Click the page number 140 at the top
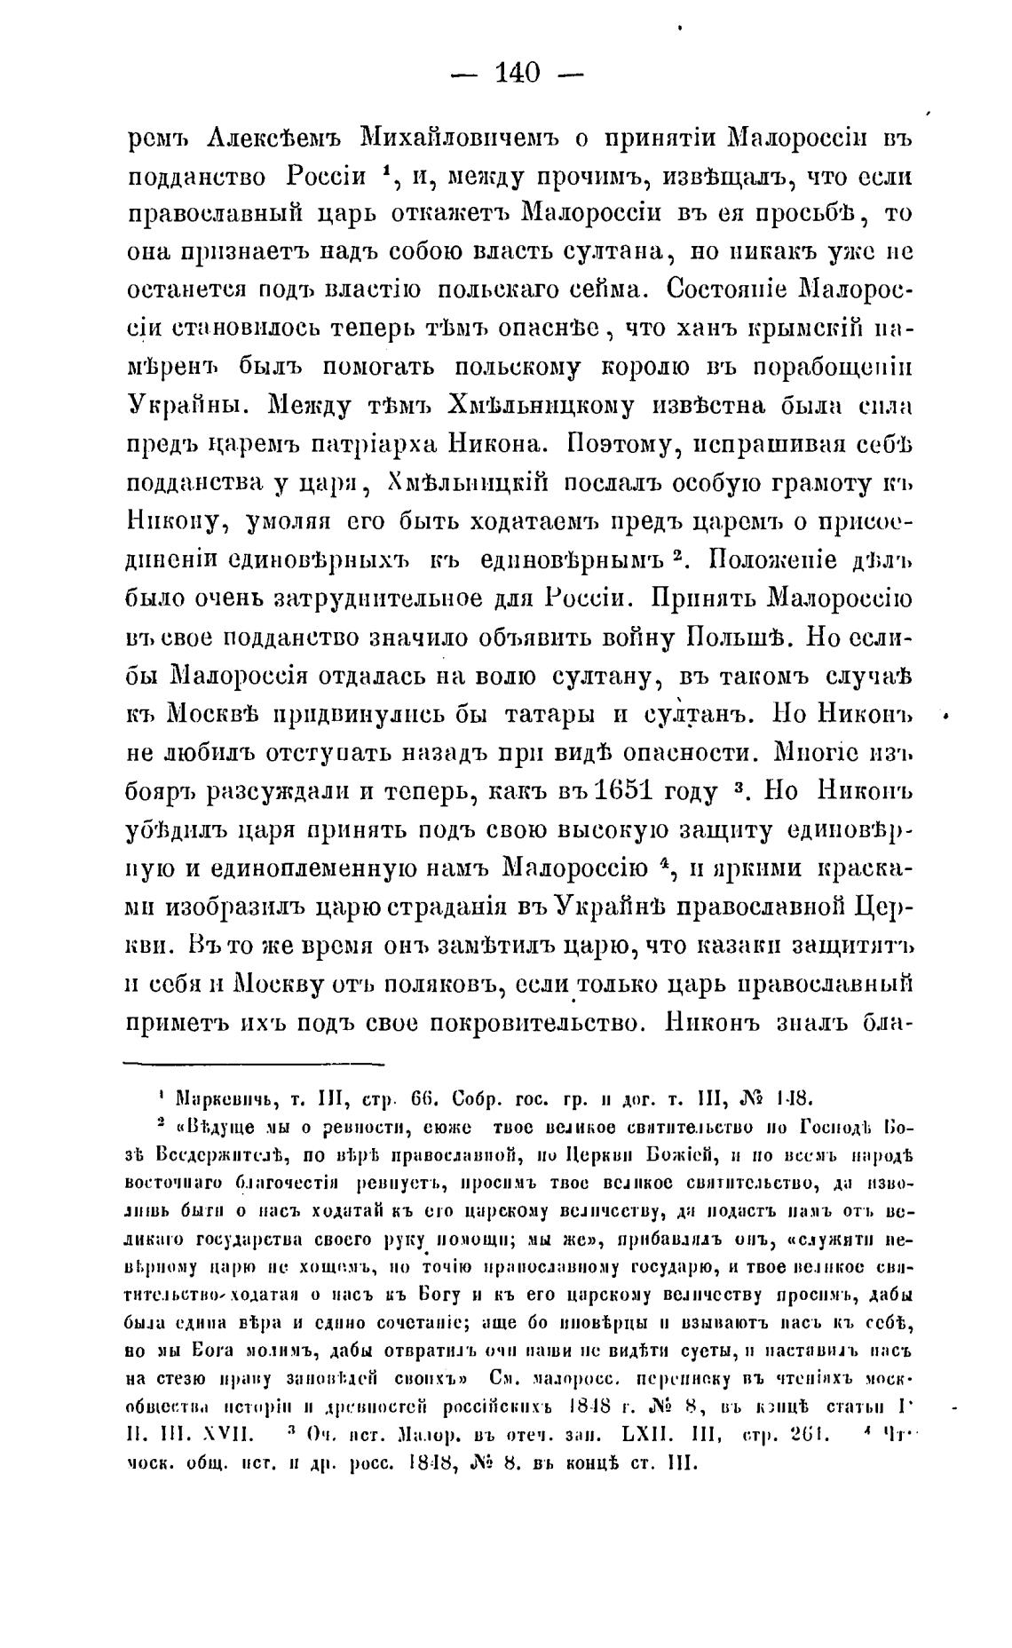(x=518, y=73)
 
